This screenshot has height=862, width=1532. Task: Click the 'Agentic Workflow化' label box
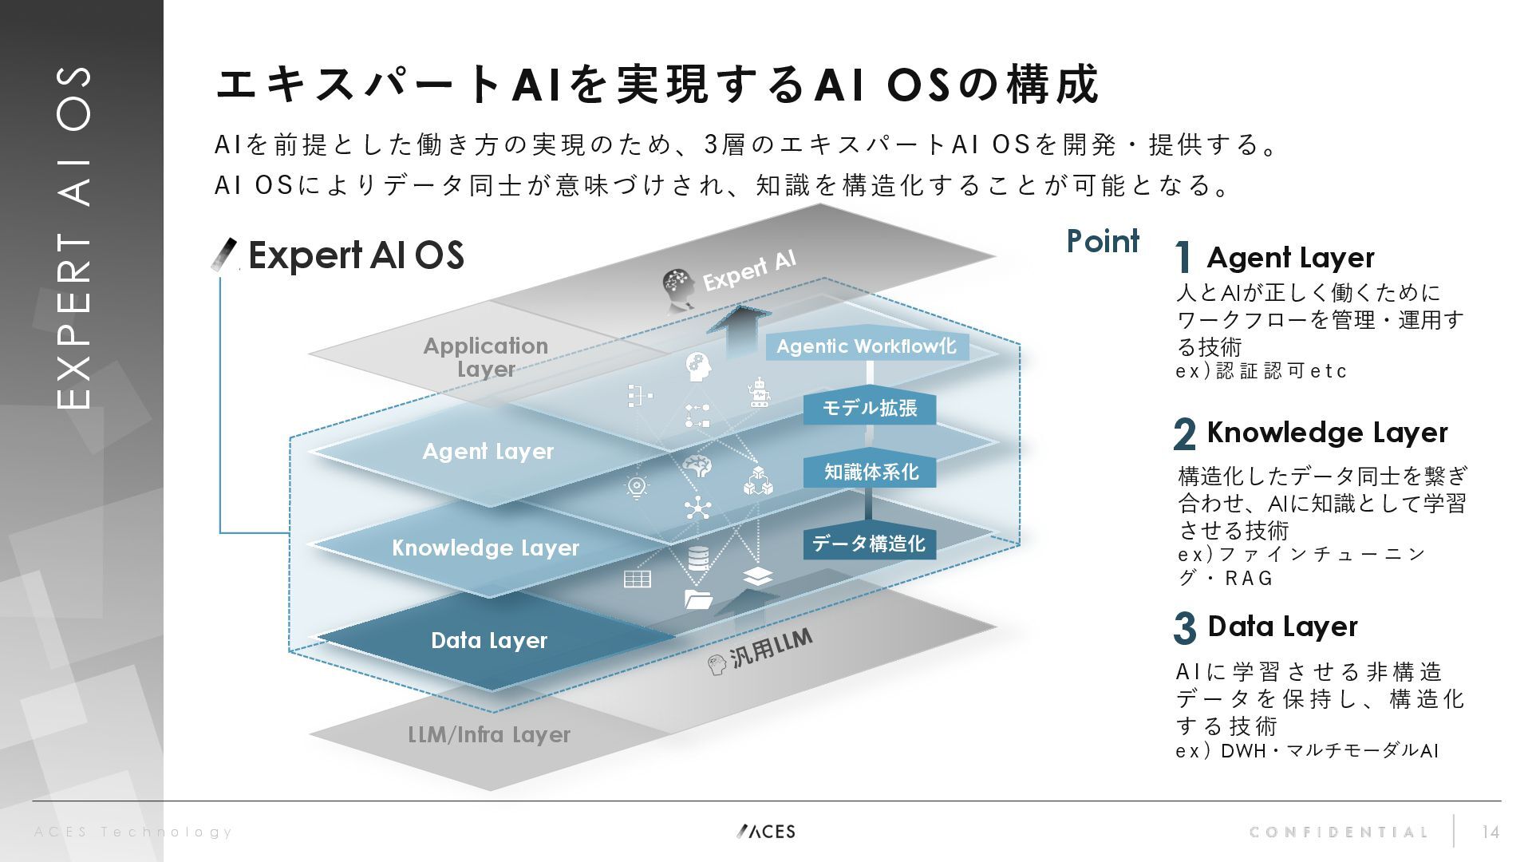click(867, 346)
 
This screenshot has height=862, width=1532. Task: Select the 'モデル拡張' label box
click(869, 409)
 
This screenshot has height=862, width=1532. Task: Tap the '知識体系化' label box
click(870, 473)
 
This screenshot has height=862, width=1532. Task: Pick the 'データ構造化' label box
click(869, 544)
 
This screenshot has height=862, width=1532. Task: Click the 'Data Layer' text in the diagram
click(489, 640)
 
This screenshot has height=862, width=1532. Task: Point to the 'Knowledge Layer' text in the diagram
click(485, 548)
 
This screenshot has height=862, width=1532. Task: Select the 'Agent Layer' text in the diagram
click(488, 452)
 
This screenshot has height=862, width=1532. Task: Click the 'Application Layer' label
click(485, 357)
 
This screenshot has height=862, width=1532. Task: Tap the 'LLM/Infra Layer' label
click(489, 734)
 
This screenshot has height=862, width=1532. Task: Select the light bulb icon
click(637, 487)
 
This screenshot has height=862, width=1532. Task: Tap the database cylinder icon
click(698, 558)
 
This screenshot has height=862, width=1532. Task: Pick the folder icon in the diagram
click(698, 599)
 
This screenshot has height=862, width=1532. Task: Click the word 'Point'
click(1103, 241)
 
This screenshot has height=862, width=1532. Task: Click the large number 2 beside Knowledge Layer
click(1185, 434)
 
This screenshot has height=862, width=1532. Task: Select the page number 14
click(1490, 832)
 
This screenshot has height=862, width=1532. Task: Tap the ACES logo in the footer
click(766, 832)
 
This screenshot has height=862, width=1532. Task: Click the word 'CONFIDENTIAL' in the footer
click(1338, 832)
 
